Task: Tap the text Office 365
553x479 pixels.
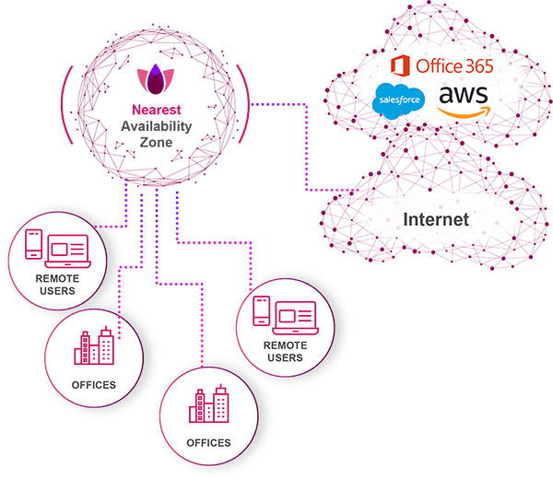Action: click(x=453, y=65)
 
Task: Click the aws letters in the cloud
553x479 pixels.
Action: click(x=464, y=95)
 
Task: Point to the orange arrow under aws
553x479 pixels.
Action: click(x=464, y=111)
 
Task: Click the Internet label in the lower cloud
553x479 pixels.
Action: click(x=435, y=219)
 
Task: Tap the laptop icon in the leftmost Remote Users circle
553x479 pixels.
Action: click(x=67, y=247)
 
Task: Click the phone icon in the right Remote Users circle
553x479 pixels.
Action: click(x=261, y=310)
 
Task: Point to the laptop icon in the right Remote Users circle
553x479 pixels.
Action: click(x=295, y=313)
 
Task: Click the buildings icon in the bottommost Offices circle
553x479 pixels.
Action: click(x=208, y=405)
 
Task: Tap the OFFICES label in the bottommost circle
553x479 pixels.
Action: click(x=208, y=443)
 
